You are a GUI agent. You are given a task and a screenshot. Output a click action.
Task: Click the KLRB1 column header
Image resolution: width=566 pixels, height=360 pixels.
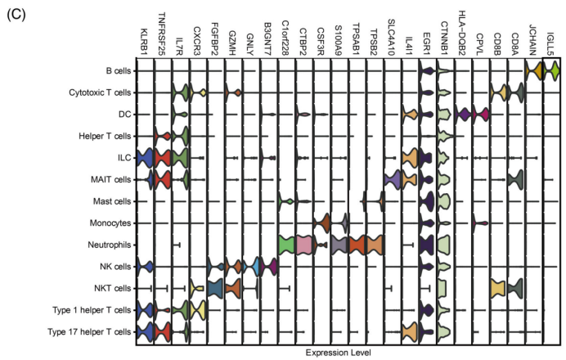(144, 42)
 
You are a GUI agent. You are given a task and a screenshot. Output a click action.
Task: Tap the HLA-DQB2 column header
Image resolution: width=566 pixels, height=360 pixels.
(462, 34)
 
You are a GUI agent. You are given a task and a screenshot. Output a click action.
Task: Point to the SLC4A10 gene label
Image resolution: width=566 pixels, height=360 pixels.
(392, 38)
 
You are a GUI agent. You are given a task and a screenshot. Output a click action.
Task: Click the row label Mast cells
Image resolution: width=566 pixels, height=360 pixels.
(112, 201)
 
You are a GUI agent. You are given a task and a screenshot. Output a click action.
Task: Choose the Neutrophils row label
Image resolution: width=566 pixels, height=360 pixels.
(110, 245)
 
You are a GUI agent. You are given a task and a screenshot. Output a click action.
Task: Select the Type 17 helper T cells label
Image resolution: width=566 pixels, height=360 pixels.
(89, 332)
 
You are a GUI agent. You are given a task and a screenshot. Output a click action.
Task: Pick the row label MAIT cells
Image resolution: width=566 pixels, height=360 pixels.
(110, 179)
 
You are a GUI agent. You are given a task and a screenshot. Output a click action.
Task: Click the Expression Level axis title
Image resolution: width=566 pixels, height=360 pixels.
(339, 353)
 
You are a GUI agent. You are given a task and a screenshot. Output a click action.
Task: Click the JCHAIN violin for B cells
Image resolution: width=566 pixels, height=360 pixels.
(534, 70)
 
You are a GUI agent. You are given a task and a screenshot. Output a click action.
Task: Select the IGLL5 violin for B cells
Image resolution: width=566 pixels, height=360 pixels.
(551, 70)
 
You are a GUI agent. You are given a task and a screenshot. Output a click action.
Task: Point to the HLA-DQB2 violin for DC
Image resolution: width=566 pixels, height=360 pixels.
(463, 115)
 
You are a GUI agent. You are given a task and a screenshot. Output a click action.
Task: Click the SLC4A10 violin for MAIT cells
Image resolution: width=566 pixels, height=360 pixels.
(393, 179)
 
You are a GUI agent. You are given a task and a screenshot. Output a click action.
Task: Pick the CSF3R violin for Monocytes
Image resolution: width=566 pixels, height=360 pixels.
(321, 223)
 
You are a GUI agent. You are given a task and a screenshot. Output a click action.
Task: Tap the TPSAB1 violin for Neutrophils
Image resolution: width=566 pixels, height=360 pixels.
(357, 245)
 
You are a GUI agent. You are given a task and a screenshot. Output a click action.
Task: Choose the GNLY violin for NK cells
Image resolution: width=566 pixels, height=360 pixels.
(251, 267)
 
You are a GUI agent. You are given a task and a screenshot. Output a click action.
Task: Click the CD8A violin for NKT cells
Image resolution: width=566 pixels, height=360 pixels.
(515, 288)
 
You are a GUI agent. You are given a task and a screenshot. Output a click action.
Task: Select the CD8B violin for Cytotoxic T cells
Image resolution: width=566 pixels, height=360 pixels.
(498, 92)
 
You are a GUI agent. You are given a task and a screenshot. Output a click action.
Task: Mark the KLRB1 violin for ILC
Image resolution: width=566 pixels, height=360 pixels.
(145, 158)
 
